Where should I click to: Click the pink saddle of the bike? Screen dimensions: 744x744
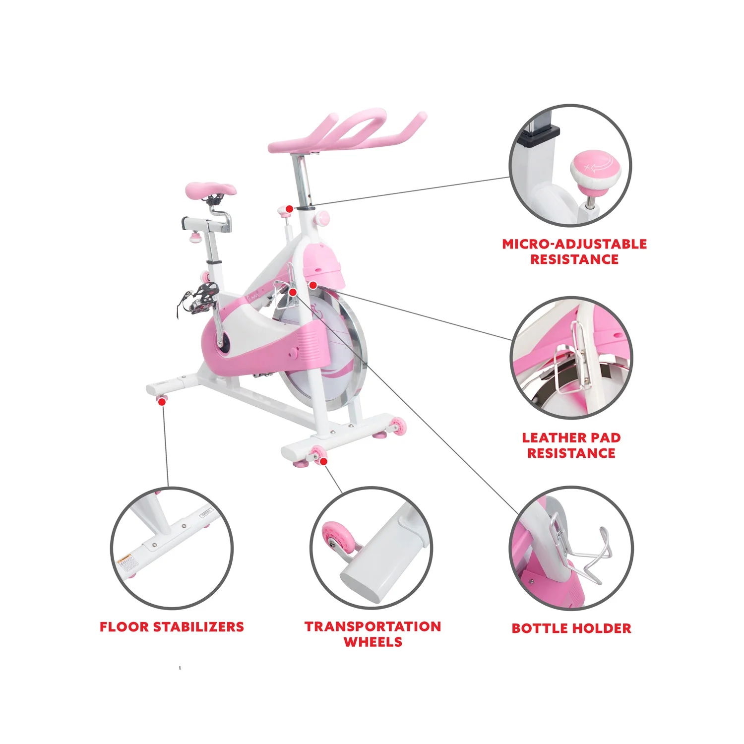coord(211,189)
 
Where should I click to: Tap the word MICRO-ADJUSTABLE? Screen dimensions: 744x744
coord(574,244)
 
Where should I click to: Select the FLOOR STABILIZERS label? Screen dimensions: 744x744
coord(172,627)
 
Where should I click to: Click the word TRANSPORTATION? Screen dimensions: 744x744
coord(373,626)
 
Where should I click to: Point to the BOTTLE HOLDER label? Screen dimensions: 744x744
coord(571,628)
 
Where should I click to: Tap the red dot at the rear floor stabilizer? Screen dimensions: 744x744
coord(162,402)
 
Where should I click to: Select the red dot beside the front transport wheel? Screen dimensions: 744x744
coord(323,461)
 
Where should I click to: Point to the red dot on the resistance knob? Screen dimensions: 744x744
coord(289,209)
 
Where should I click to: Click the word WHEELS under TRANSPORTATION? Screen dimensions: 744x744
coord(373,642)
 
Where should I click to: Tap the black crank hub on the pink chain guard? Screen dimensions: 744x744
coord(223,342)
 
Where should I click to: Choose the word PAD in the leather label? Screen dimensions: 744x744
coord(604,438)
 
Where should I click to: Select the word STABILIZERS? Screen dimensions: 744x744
coord(199,627)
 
